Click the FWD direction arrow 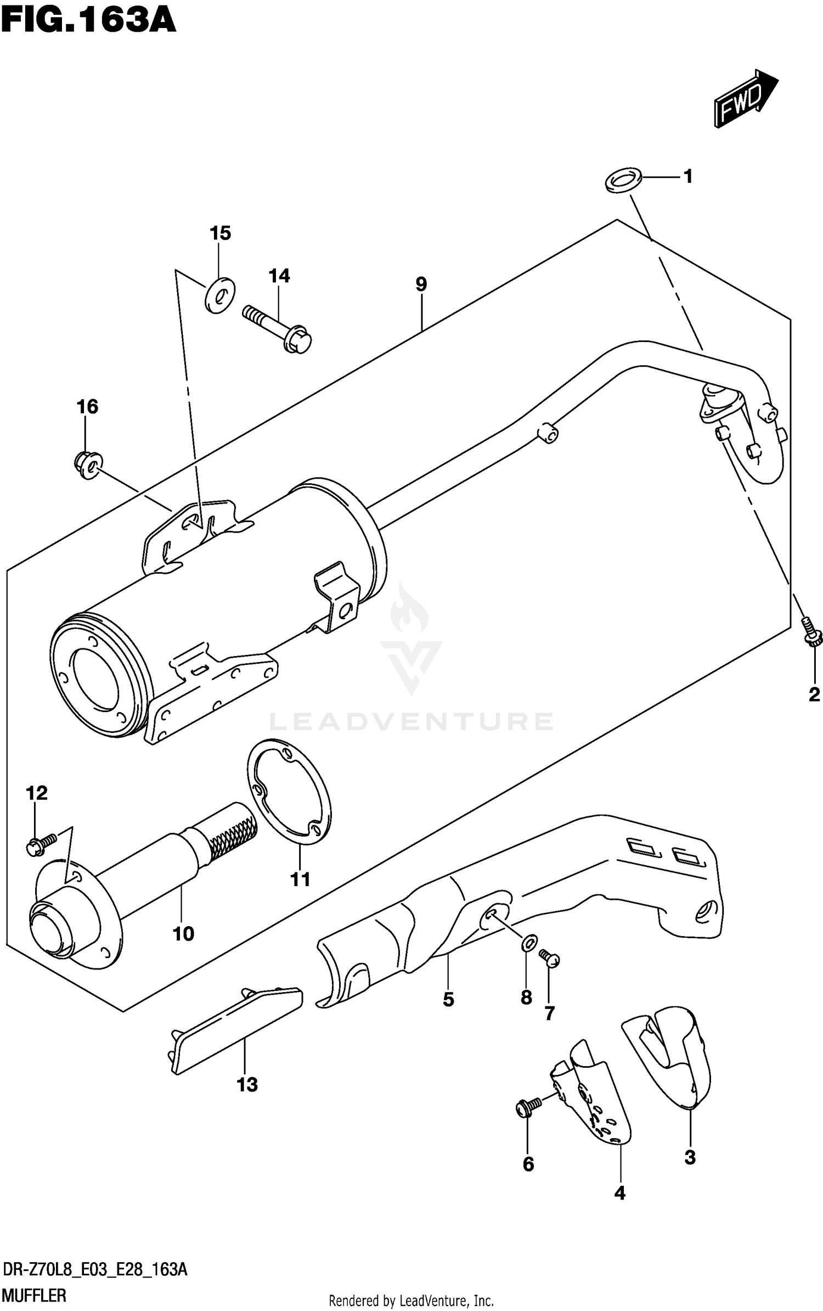pos(745,99)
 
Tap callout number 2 pos(814,694)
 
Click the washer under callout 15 pos(219,295)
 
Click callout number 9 pos(421,284)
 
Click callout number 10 pos(183,933)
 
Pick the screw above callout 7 pos(549,958)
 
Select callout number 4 pos(619,1192)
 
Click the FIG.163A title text pos(88,20)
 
